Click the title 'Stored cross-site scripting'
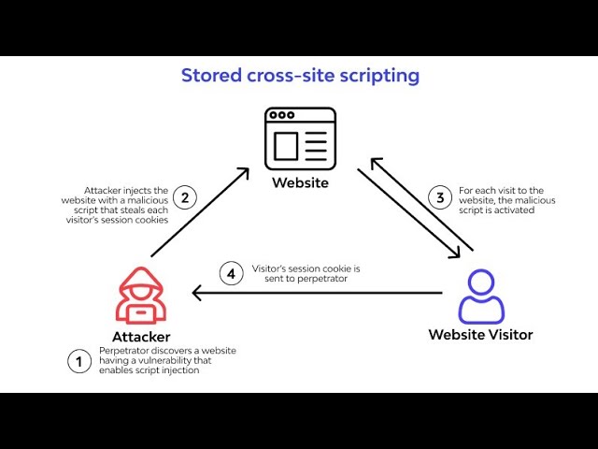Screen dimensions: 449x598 (300, 76)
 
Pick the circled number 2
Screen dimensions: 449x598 (185, 197)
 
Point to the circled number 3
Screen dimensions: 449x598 (440, 197)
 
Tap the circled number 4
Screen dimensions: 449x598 (231, 274)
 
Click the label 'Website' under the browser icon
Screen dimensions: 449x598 (300, 182)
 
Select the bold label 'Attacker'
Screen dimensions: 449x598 (141, 336)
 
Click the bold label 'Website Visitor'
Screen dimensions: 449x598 (480, 334)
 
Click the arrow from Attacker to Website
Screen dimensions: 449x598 (200, 212)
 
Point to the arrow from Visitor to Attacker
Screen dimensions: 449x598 (318, 293)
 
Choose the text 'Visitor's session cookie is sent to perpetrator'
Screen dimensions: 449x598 (306, 274)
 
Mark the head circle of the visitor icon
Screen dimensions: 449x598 (481, 282)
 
